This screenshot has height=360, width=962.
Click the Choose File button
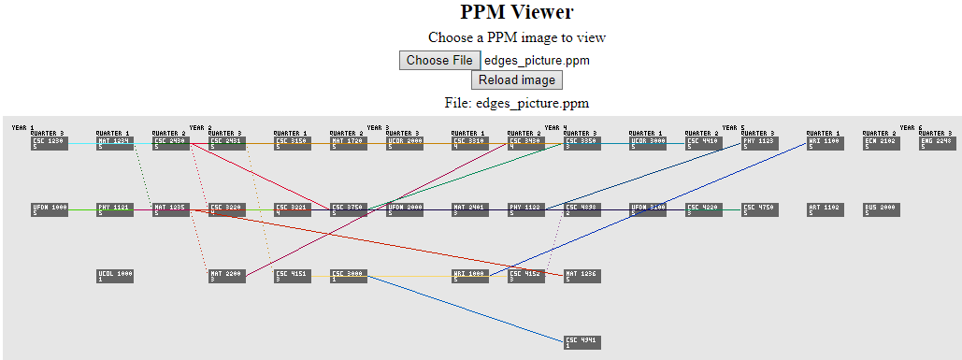coord(439,61)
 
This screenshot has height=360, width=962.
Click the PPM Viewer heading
coord(516,12)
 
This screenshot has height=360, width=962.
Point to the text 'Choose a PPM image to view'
coord(516,37)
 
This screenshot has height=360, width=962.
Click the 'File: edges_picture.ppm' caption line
coord(516,103)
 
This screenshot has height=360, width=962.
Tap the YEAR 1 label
coord(22,127)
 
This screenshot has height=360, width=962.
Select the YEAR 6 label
coord(911,127)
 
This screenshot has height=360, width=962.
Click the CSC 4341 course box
coord(582,342)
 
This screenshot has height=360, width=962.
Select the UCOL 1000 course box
coord(114,276)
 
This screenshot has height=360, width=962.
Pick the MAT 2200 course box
coord(226,276)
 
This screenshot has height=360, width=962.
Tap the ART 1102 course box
coord(825,209)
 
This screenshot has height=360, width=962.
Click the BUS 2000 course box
coord(881,209)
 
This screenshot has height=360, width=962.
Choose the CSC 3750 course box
coord(348,209)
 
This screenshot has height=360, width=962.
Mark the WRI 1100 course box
coord(825,143)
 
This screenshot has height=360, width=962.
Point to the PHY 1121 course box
coord(114,209)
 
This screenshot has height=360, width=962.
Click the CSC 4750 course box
coord(759,209)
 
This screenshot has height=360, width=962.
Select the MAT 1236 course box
coord(582,276)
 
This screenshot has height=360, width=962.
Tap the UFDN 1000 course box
coord(49,209)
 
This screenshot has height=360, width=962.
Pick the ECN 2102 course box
coord(881,143)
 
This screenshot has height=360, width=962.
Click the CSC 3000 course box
coord(348,276)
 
